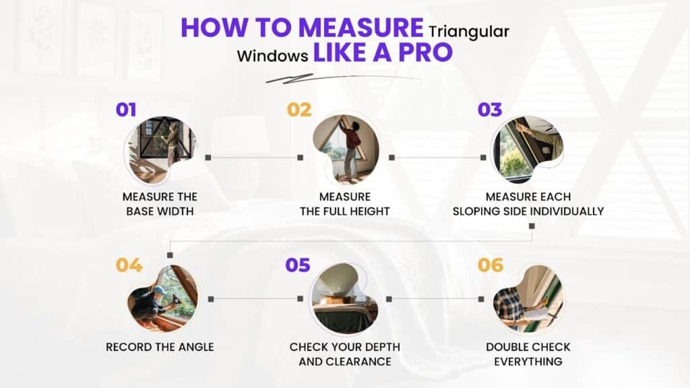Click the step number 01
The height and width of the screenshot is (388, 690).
126,110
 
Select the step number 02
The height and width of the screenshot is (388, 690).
299,110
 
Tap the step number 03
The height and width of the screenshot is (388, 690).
490,110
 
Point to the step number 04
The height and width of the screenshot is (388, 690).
129,265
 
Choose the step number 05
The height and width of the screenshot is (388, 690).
297,265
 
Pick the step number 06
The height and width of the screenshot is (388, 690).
491,265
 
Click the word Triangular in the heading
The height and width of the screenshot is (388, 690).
469,32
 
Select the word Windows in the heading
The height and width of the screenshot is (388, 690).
272,56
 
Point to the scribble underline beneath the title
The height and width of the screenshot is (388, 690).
343,78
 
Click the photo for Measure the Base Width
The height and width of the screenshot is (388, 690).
160,150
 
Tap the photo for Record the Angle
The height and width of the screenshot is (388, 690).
162,298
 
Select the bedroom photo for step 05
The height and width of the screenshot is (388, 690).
344,298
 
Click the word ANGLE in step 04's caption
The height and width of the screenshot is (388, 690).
196,347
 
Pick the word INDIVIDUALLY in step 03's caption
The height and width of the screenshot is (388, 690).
566,211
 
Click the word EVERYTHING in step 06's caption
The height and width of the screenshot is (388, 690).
528,362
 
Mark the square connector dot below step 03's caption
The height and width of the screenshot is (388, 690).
532,226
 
